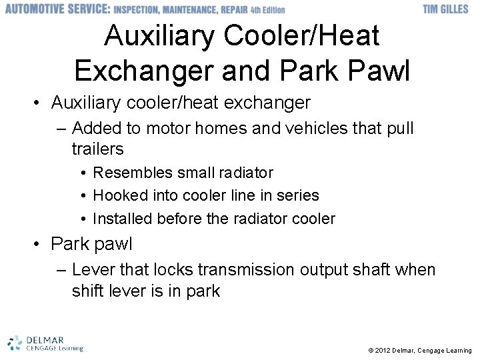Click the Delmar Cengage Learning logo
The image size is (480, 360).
pyautogui.click(x=45, y=343)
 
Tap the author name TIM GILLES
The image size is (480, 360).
pyautogui.click(x=445, y=9)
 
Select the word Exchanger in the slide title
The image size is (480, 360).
pyautogui.click(x=143, y=71)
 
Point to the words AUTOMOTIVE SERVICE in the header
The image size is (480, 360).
pyautogui.click(x=56, y=9)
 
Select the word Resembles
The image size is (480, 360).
pyautogui.click(x=133, y=173)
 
